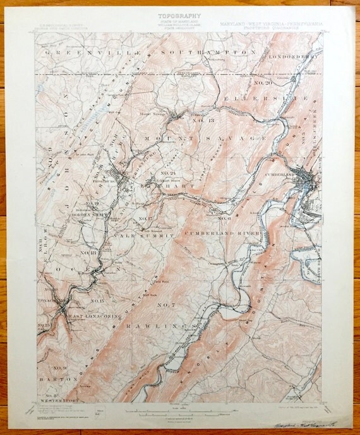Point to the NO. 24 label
(x=167, y=173)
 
